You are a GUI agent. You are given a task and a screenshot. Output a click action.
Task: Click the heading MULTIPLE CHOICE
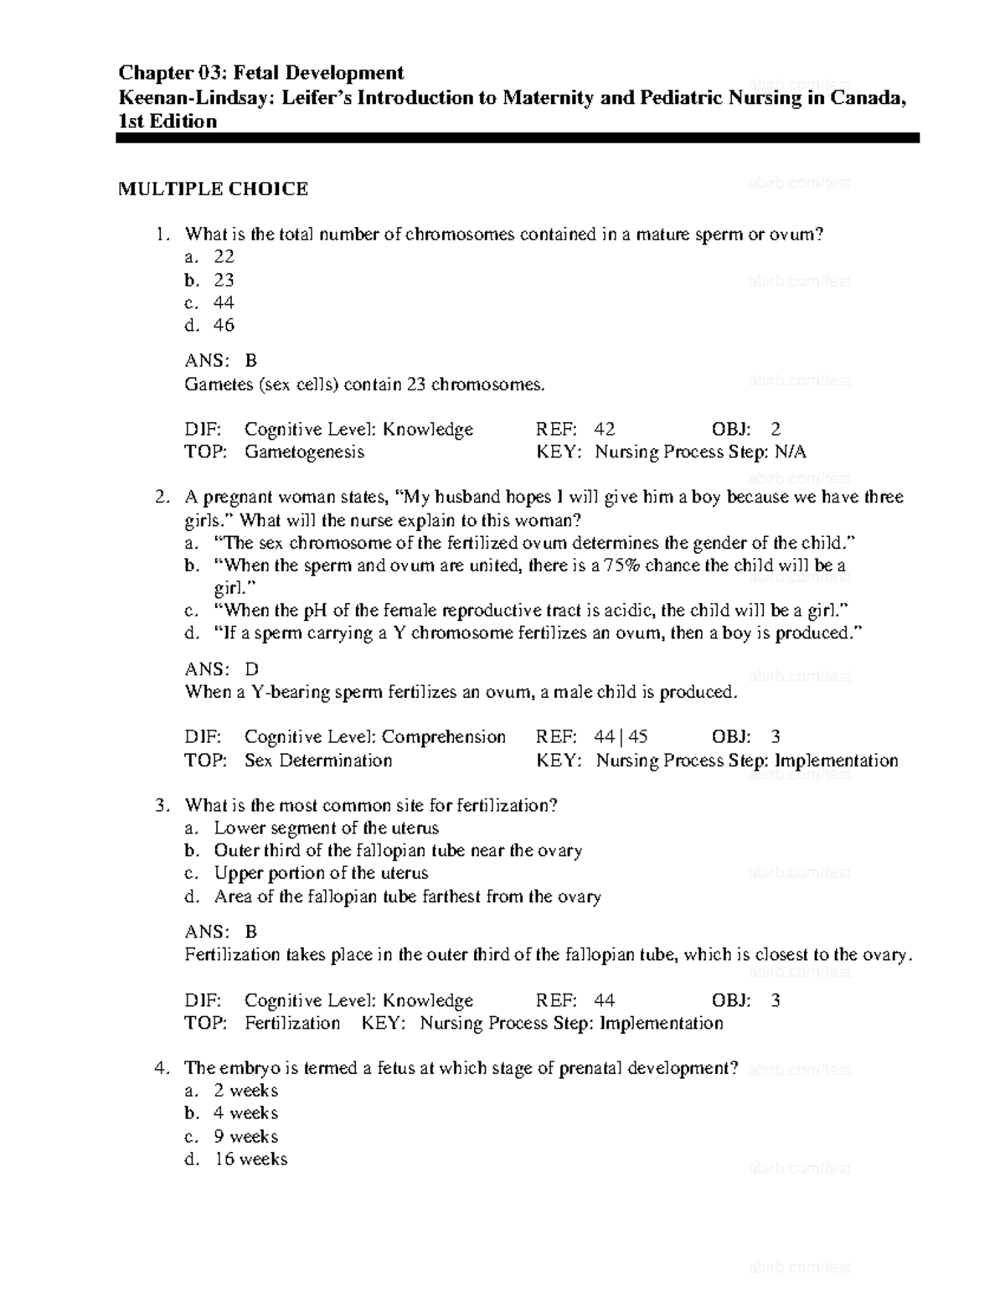213,189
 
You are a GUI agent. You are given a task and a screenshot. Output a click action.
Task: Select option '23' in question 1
224,280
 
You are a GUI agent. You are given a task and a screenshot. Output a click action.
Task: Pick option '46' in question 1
224,325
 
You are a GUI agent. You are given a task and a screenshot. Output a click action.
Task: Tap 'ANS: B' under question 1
220,361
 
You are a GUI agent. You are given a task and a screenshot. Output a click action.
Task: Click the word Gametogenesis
304,452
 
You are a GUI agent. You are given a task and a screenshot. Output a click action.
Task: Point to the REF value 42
605,430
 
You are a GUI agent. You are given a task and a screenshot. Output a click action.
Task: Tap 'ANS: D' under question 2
221,669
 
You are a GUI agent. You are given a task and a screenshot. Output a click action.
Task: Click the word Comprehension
444,737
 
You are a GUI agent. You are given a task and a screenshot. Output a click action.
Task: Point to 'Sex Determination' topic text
318,761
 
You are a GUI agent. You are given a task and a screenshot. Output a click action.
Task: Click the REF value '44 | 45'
621,737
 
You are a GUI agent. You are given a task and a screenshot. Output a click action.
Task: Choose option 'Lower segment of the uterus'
326,829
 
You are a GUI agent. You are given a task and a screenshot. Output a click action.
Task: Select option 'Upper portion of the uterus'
321,873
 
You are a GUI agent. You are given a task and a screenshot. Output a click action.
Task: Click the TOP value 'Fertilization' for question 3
292,1024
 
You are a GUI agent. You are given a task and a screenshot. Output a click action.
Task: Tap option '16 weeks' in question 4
250,1159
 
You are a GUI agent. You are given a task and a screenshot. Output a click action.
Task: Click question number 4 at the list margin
162,1068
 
